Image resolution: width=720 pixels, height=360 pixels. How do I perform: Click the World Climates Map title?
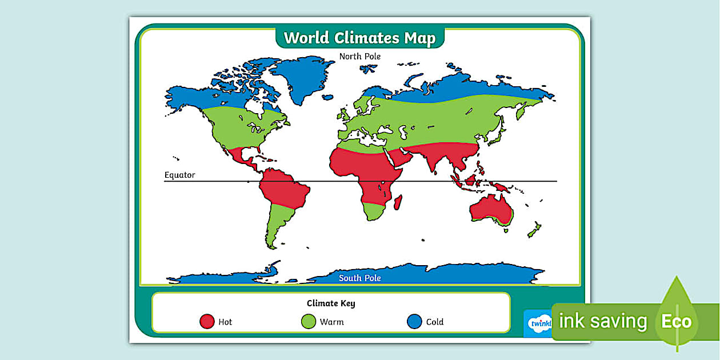point(359,38)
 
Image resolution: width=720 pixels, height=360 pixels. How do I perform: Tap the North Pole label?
point(359,56)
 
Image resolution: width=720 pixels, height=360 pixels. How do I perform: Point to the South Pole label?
point(359,278)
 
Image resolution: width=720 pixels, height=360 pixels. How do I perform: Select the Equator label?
point(179,175)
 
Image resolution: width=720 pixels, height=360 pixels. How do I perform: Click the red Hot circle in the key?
point(207,322)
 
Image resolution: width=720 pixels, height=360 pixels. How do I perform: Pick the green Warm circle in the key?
point(309,322)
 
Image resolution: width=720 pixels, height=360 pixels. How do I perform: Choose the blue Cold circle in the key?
point(414,322)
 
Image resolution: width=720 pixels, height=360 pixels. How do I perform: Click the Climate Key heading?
point(331,303)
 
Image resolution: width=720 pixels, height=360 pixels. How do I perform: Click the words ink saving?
point(602,321)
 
